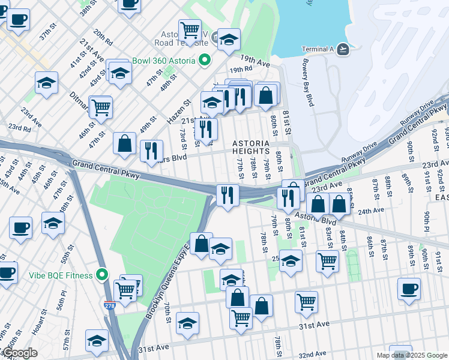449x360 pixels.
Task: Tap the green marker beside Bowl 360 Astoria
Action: pyautogui.click(x=205, y=61)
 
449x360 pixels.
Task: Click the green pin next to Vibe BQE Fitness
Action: pyautogui.click(x=102, y=275)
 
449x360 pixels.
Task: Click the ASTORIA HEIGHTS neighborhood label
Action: pyautogui.click(x=255, y=147)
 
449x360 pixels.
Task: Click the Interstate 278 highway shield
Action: pyautogui.click(x=109, y=305)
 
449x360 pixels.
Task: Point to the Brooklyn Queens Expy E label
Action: pyautogui.click(x=167, y=282)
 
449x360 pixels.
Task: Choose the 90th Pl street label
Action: pyautogui.click(x=427, y=224)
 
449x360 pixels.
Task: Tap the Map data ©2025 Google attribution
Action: pyautogui.click(x=411, y=355)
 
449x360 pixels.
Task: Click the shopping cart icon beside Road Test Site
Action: pyautogui.click(x=190, y=30)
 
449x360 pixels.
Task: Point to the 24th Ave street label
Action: pyautogui.click(x=371, y=211)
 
